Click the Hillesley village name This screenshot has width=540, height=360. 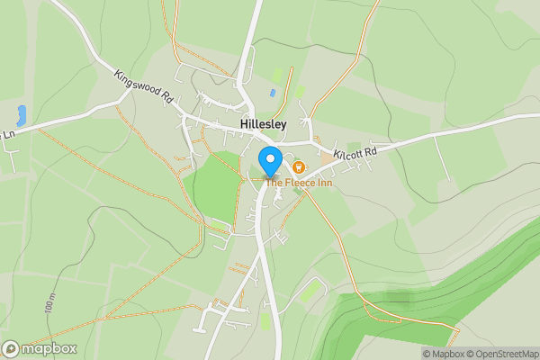[265, 125]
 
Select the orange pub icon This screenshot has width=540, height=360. [299, 167]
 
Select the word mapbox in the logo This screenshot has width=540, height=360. [49, 349]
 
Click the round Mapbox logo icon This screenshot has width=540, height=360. [11, 349]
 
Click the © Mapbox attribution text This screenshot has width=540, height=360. [443, 354]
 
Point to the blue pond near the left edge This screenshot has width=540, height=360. [21, 115]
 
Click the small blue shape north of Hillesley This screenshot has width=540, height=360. [272, 92]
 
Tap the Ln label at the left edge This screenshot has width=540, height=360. [9, 135]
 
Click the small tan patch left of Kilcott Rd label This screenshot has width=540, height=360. [325, 156]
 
